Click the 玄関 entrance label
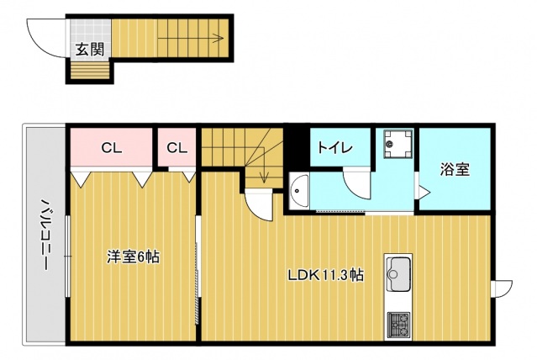coord(89,49)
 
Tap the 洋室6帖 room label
coord(132,257)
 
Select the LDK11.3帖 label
coord(325,274)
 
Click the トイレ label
coord(334,148)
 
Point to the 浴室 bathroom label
coord(454,169)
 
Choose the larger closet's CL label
coord(112,149)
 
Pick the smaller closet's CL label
coord(176,149)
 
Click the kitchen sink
coord(397,272)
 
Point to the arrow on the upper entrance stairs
coord(216,37)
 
